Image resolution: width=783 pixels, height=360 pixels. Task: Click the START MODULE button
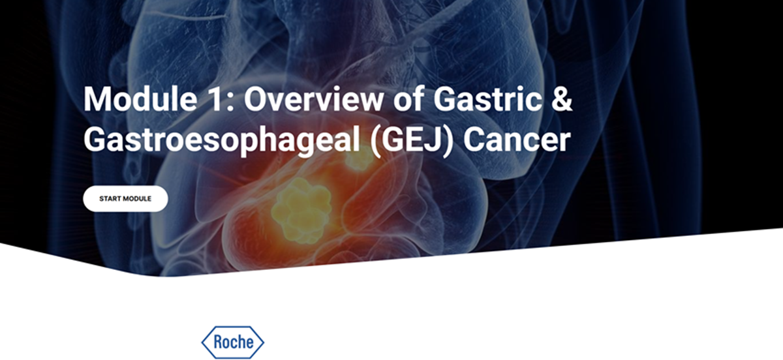pyautogui.click(x=125, y=198)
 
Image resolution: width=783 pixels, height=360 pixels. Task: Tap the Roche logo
pyautogui.click(x=233, y=342)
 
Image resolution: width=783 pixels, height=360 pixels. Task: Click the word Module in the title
pyautogui.click(x=140, y=100)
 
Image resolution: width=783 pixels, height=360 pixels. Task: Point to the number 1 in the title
pyautogui.click(x=214, y=100)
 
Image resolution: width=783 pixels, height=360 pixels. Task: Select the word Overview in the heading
pyautogui.click(x=314, y=100)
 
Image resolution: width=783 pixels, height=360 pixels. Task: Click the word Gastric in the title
pyautogui.click(x=487, y=100)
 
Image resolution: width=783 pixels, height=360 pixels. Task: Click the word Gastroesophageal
pyautogui.click(x=222, y=140)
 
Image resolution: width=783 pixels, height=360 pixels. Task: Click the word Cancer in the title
pyautogui.click(x=517, y=140)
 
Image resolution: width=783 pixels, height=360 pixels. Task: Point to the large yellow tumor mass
pyautogui.click(x=302, y=211)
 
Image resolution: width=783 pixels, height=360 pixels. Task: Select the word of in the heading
pyautogui.click(x=408, y=100)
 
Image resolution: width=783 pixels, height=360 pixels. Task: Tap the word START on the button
pyautogui.click(x=109, y=199)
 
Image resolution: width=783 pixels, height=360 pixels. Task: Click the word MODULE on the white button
pyautogui.click(x=136, y=199)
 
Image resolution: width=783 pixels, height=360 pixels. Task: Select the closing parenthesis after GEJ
pyautogui.click(x=448, y=142)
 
